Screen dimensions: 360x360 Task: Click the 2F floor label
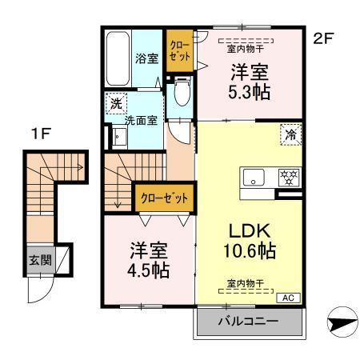pyautogui.click(x=322, y=38)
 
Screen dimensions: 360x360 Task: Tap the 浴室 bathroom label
pyautogui.click(x=146, y=58)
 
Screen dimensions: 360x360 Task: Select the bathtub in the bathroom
pyautogui.click(x=118, y=59)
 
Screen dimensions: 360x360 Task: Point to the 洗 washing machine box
pyautogui.click(x=116, y=103)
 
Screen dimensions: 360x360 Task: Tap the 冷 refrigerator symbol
pyautogui.click(x=291, y=135)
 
